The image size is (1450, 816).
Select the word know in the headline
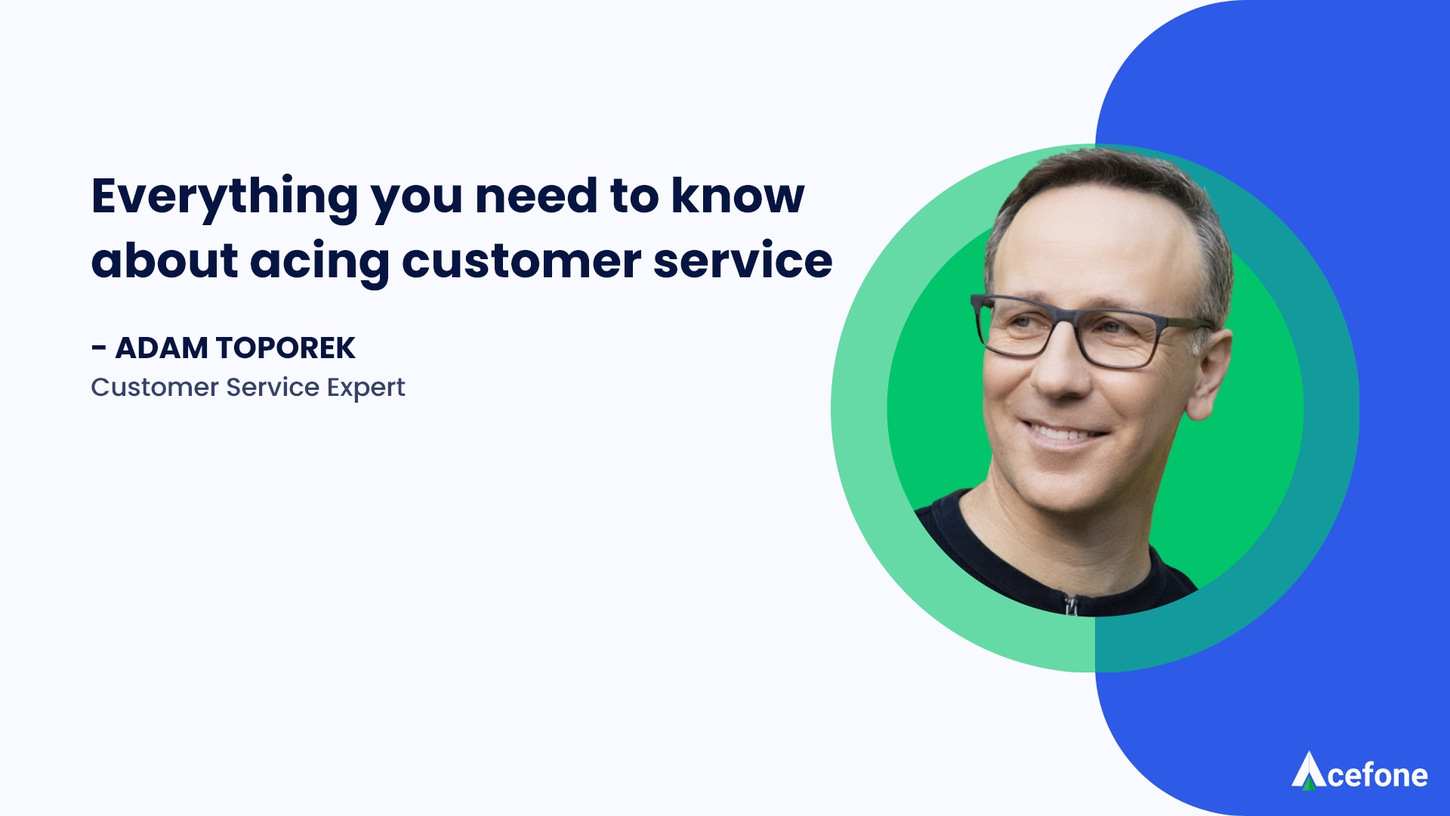click(738, 195)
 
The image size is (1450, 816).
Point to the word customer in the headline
click(522, 261)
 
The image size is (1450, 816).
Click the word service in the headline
click(743, 260)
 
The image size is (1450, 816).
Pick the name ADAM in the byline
click(162, 348)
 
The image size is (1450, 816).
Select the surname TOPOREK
click(285, 348)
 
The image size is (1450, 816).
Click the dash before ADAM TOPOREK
click(98, 348)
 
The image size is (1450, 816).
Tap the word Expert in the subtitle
click(366, 388)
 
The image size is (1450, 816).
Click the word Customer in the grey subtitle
click(155, 388)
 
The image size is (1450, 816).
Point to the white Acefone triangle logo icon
click(1308, 770)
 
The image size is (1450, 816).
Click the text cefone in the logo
click(1377, 776)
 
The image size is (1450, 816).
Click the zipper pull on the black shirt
click(1071, 605)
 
